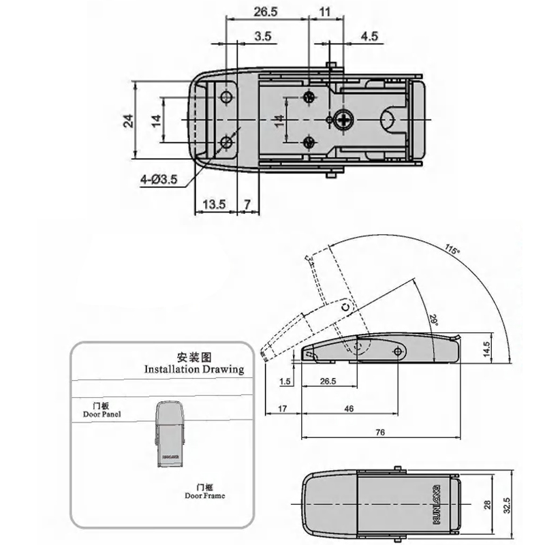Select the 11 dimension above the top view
324,12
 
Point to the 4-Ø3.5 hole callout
159,180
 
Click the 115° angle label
452,249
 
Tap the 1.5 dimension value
285,381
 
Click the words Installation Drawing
194,369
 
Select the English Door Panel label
102,414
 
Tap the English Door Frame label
204,496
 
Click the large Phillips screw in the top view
343,121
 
